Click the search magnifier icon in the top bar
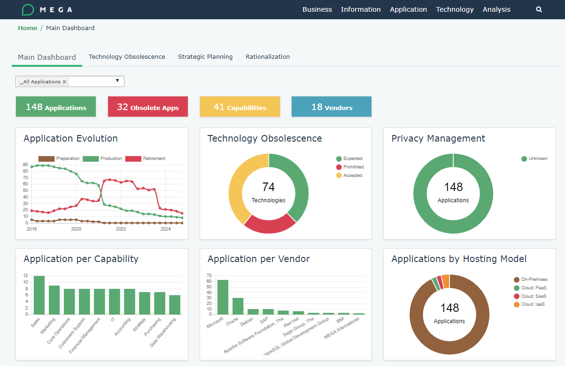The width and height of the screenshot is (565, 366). click(x=539, y=9)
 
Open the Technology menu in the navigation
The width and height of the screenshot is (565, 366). click(x=455, y=9)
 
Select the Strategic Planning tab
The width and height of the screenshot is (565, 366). click(x=205, y=57)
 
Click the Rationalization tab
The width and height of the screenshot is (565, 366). click(x=267, y=57)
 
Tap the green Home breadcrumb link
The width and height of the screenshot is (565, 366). click(x=28, y=28)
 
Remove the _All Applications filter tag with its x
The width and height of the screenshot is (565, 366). click(x=65, y=82)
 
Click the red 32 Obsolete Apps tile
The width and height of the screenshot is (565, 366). click(x=148, y=107)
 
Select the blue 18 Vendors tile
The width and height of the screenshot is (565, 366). click(x=332, y=107)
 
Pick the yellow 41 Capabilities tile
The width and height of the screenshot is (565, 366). click(x=240, y=107)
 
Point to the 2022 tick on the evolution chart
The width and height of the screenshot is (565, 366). click(x=121, y=229)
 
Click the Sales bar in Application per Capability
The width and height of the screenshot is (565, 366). click(x=39, y=295)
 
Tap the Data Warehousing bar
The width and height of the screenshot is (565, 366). click(x=175, y=304)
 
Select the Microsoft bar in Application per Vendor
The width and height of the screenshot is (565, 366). click(x=223, y=297)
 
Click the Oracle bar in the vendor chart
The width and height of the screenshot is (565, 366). click(x=238, y=306)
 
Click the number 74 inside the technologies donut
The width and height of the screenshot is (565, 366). click(x=268, y=187)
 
